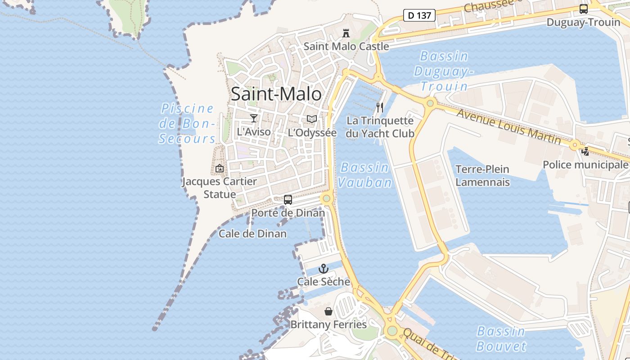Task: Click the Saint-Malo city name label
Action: [x=276, y=94]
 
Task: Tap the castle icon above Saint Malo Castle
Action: [x=346, y=33]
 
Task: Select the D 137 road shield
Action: [x=419, y=15]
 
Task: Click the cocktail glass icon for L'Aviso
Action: [x=254, y=118]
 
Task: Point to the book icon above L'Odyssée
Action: [x=312, y=119]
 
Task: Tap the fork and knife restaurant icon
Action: [x=380, y=108]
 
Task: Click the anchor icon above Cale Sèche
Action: [x=324, y=269]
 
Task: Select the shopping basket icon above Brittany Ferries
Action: [x=328, y=311]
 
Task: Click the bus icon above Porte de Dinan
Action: [x=288, y=200]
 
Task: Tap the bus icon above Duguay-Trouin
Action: [x=583, y=9]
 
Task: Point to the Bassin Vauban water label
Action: [x=364, y=175]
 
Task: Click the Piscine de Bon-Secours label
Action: [x=188, y=124]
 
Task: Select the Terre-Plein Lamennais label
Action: [x=482, y=175]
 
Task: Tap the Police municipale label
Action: [x=585, y=165]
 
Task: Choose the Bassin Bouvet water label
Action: [x=501, y=338]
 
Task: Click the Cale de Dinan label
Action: [x=252, y=234]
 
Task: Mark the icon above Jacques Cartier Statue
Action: [x=220, y=168]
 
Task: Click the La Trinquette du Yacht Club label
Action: [x=380, y=127]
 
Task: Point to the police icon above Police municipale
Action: [x=585, y=152]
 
